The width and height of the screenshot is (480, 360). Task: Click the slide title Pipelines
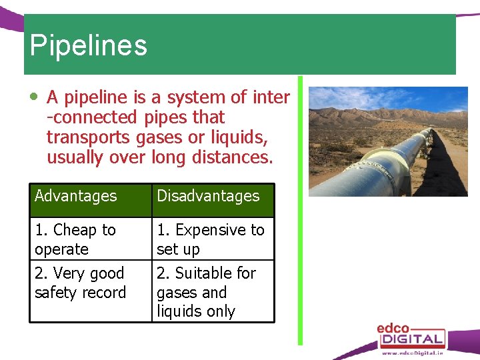coord(88,45)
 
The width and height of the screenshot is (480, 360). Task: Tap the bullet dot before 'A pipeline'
coord(34,97)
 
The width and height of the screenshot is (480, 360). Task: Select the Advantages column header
coord(76,196)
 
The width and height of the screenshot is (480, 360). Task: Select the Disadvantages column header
coord(208,196)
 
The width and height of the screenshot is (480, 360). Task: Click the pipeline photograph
coord(388,141)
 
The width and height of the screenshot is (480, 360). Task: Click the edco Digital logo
coord(411,335)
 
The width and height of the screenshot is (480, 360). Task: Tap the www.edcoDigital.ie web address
coord(413,354)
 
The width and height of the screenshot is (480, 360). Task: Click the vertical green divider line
coord(300,210)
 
